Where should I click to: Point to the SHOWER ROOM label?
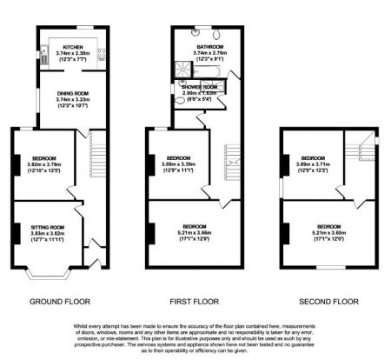point(199,88)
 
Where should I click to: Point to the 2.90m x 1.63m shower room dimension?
point(199,93)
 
